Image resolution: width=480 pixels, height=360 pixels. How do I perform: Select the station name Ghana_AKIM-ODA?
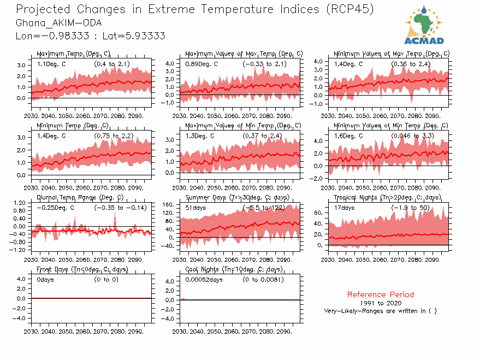[x=58, y=23]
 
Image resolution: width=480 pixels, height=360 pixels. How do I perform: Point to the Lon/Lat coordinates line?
[x=91, y=36]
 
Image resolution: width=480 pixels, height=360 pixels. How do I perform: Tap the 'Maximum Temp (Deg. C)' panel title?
[x=73, y=54]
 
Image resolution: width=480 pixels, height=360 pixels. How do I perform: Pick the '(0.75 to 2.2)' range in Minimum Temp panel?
[x=113, y=135]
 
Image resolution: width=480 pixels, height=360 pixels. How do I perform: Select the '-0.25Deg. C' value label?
[x=55, y=208]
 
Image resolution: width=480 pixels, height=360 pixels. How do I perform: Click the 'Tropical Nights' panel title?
[x=387, y=197]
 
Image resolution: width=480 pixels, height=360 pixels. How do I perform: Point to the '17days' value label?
[x=345, y=208]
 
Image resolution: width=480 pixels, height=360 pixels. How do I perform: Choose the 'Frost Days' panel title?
[x=82, y=269]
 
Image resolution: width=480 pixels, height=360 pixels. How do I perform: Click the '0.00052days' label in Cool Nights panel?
[x=204, y=280]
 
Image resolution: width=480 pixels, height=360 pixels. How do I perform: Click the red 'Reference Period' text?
[x=380, y=294]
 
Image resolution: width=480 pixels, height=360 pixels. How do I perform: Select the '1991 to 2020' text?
[x=381, y=303]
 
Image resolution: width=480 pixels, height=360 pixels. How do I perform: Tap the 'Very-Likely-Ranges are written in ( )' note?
[x=380, y=311]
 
